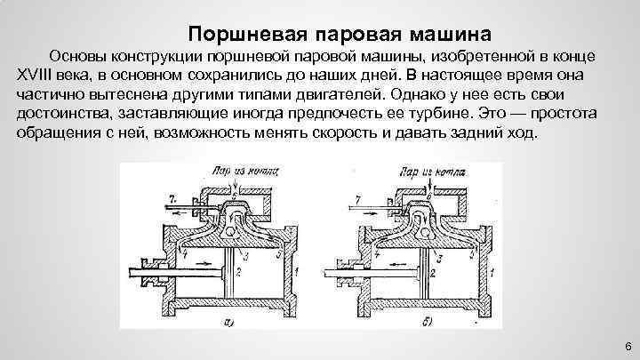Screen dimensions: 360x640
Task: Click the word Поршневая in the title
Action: coord(245,36)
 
